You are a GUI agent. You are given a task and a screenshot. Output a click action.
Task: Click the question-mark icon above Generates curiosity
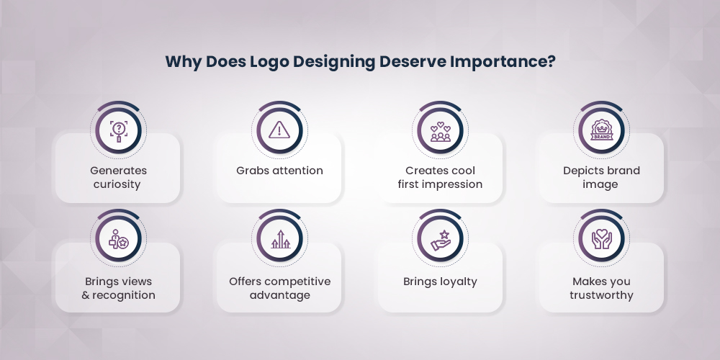[x=118, y=130]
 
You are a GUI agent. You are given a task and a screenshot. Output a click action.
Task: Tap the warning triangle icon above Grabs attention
[x=279, y=130]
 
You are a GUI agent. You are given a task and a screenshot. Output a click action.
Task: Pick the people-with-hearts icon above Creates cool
[x=440, y=130]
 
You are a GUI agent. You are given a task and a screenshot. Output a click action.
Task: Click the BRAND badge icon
[x=601, y=130]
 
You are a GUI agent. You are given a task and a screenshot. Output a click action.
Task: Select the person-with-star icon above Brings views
[x=118, y=240]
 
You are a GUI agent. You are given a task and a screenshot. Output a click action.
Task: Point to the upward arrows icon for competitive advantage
[x=279, y=240]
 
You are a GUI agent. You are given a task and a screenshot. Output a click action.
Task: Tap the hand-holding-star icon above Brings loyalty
[x=440, y=240]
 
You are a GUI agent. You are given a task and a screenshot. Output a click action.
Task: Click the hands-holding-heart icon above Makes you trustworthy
[x=601, y=240]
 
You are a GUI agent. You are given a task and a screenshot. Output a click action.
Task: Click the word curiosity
[x=118, y=184]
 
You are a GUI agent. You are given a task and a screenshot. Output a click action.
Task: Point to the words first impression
[x=440, y=184]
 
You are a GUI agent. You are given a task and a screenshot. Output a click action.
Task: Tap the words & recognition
[x=118, y=295]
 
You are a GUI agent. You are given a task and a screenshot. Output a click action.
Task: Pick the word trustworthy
[x=601, y=295]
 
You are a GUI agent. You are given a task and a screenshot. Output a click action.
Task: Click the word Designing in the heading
[x=335, y=61]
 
